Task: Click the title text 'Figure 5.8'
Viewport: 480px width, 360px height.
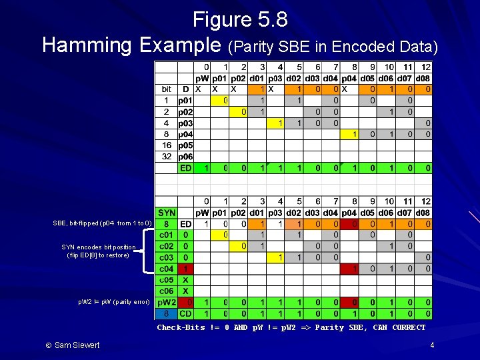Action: click(240, 19)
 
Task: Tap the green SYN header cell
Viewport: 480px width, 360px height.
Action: click(167, 213)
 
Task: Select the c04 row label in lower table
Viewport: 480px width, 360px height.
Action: click(167, 269)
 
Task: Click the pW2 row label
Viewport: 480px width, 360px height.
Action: click(167, 303)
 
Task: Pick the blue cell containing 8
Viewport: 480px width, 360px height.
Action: click(166, 313)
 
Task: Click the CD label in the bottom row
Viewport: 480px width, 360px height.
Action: click(186, 313)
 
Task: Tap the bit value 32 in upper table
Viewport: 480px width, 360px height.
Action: click(166, 157)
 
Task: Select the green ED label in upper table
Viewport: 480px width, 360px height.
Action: click(186, 168)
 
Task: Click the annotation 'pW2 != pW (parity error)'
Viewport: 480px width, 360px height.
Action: click(114, 302)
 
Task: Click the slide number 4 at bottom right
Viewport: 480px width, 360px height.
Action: click(432, 345)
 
